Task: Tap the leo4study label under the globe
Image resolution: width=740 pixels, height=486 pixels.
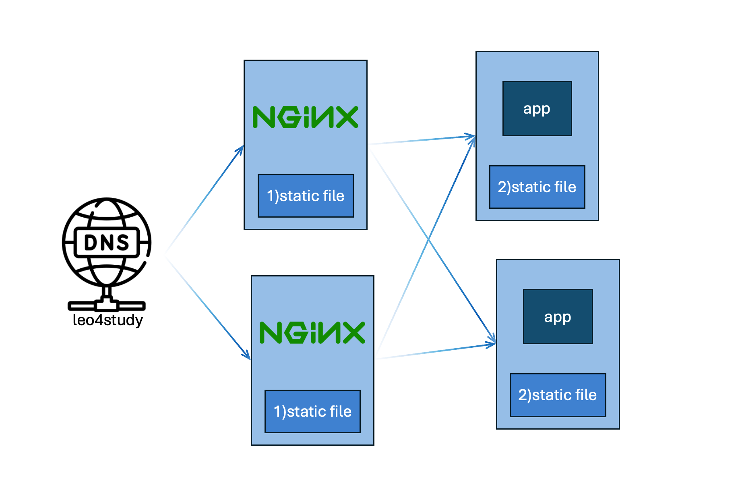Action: (x=107, y=320)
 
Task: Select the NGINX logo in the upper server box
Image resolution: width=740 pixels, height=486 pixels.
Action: (x=305, y=117)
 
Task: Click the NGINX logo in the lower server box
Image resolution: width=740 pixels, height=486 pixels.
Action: (x=312, y=333)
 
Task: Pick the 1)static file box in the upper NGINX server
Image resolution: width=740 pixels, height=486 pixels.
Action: (x=306, y=196)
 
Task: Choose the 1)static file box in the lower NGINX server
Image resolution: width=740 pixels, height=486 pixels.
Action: (x=312, y=411)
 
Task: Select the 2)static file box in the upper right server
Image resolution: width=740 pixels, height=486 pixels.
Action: (x=537, y=187)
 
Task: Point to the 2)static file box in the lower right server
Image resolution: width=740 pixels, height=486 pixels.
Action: (x=558, y=395)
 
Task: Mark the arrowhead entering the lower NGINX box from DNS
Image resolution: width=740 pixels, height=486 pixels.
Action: (x=247, y=356)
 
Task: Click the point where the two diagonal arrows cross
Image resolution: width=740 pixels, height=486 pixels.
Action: (x=429, y=239)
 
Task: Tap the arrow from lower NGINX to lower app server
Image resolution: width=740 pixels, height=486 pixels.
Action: (x=435, y=352)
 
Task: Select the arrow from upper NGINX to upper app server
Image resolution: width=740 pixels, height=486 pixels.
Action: (x=423, y=140)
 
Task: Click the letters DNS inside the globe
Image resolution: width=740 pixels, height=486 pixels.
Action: (x=107, y=243)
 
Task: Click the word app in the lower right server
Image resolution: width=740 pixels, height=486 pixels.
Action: (x=558, y=317)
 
